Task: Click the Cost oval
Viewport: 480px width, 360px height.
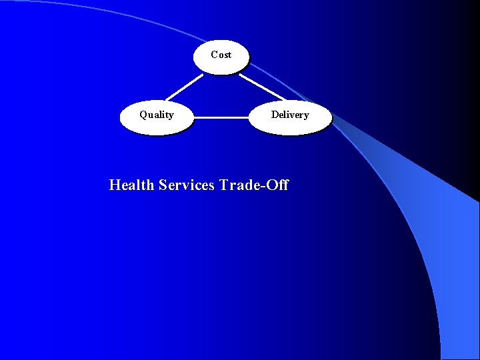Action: (x=221, y=55)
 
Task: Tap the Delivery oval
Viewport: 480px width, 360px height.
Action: (x=290, y=117)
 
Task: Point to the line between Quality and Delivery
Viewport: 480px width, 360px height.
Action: (x=221, y=118)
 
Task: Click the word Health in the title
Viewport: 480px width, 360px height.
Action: (x=132, y=185)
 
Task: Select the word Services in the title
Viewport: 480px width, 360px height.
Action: (x=187, y=185)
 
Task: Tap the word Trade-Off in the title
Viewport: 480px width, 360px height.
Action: (x=254, y=185)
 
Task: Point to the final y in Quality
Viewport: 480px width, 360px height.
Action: (x=171, y=116)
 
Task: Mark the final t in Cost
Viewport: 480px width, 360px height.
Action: (x=229, y=55)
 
